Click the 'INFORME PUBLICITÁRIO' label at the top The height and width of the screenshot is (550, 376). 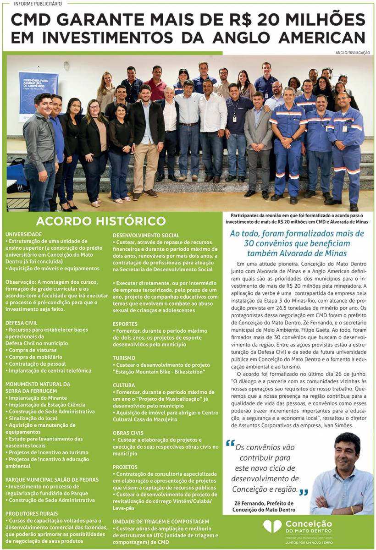[38, 4]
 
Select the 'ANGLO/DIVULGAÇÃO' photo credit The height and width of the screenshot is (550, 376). [352, 53]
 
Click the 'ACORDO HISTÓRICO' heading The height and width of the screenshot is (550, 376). [101, 221]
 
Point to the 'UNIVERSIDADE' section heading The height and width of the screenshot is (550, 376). [23, 234]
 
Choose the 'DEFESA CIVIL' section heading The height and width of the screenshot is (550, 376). [22, 323]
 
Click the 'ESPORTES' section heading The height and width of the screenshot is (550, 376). [125, 324]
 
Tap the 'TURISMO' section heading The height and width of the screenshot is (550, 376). [124, 357]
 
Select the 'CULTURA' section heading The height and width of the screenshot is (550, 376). [124, 385]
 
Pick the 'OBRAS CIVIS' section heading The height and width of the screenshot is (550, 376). [128, 433]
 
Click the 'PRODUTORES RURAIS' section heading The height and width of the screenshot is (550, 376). [32, 514]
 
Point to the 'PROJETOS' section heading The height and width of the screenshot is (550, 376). [125, 467]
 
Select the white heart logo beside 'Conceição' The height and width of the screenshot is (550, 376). [272, 526]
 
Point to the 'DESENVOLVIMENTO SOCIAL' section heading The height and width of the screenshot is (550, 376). [146, 236]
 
